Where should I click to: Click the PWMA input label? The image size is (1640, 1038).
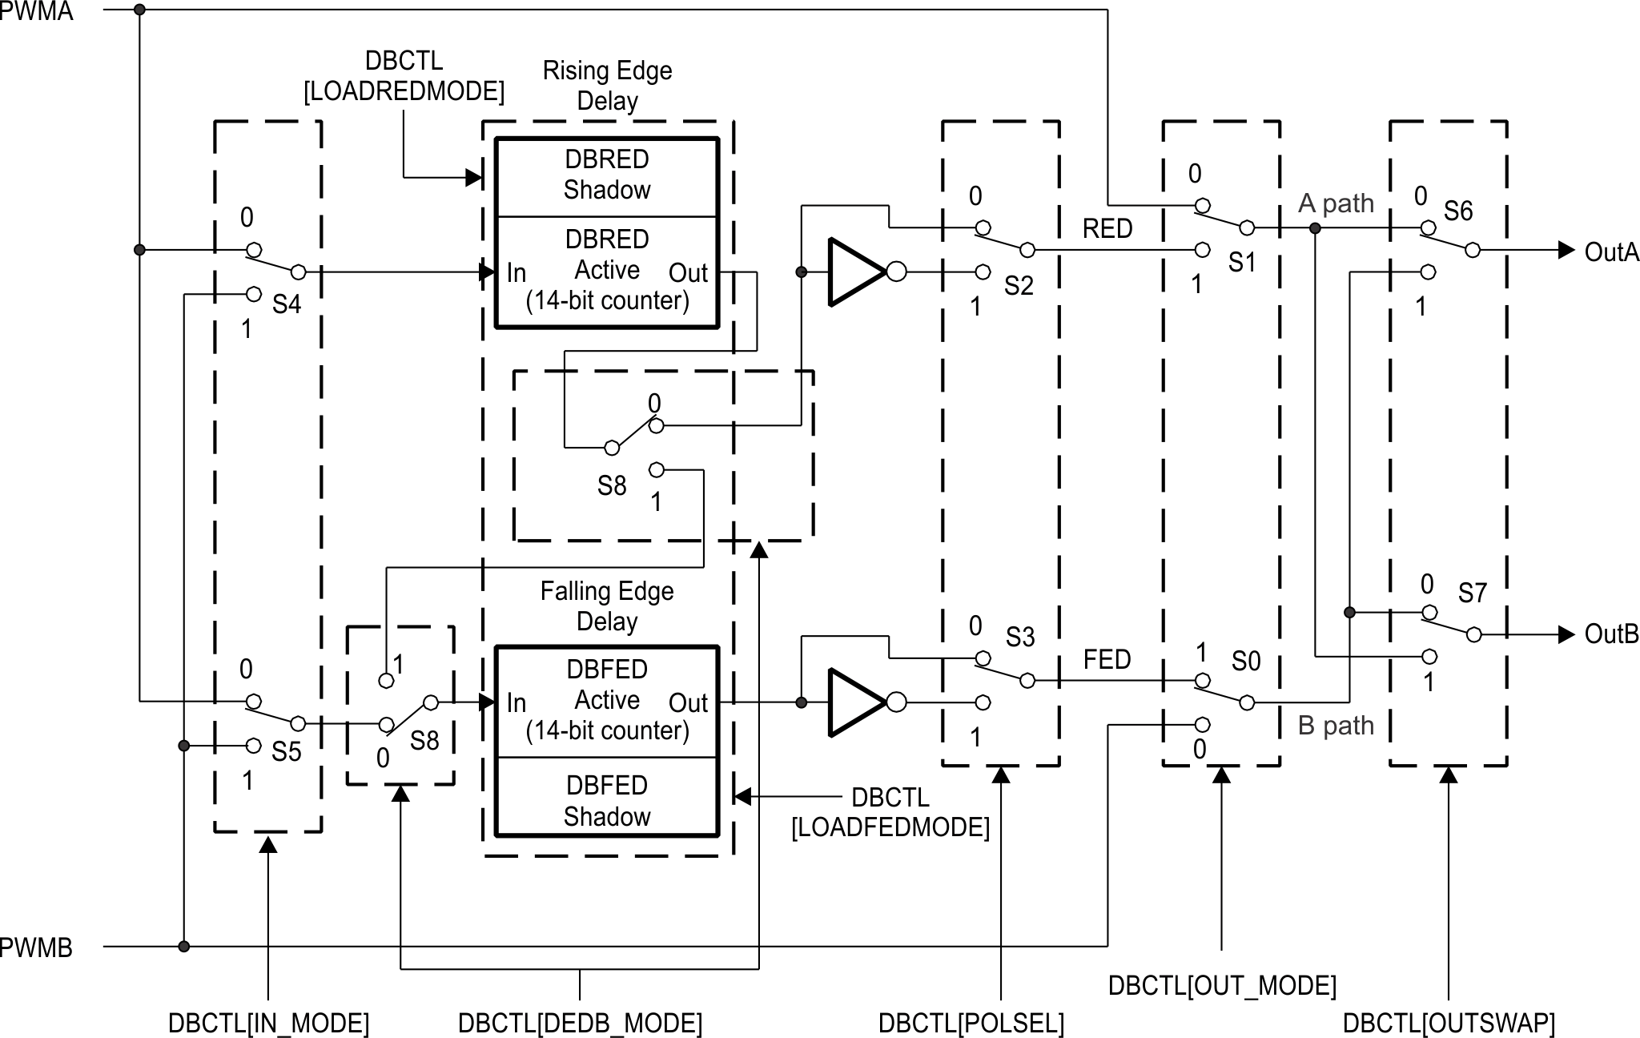tap(36, 11)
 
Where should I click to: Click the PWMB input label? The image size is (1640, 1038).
tap(36, 947)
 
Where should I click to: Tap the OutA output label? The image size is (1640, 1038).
tap(1610, 252)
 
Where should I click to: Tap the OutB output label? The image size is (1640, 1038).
tap(1610, 634)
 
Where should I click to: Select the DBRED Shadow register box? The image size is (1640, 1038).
tap(606, 175)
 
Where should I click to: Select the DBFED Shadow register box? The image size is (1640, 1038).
tap(606, 800)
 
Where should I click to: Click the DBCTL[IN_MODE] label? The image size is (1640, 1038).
tap(268, 1023)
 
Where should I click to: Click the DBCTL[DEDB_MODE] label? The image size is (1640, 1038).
tap(580, 1023)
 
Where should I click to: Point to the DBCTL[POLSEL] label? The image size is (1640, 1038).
tap(971, 1023)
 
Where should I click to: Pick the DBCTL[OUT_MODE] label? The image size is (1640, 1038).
tap(1222, 985)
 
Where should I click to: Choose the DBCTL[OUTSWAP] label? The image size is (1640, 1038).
tap(1449, 1023)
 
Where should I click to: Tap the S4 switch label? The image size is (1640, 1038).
tap(286, 304)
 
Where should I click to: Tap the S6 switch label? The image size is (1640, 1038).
tap(1457, 211)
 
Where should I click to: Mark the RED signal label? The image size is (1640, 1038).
tap(1107, 229)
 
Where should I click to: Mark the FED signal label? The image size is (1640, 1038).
tap(1107, 659)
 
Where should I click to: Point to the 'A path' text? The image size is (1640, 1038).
tap(1335, 203)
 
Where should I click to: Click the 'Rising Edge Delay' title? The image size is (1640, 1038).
tap(607, 86)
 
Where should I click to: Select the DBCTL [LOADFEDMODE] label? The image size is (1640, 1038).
tap(890, 812)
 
